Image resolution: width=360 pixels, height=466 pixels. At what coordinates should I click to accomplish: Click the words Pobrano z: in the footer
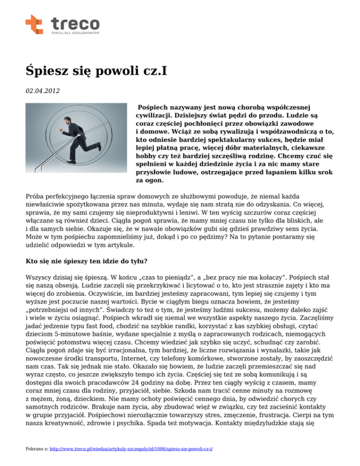37,449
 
